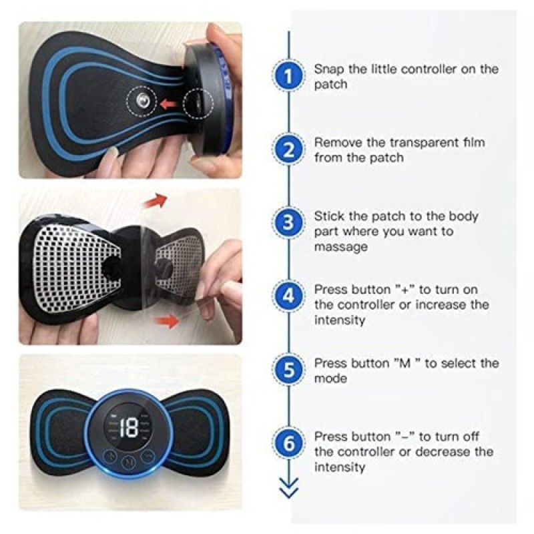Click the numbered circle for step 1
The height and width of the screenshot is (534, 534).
tap(288, 75)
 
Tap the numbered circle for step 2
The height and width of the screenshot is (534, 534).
tap(288, 150)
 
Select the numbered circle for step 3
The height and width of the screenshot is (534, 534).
tap(288, 223)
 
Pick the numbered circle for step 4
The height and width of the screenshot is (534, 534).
tap(288, 296)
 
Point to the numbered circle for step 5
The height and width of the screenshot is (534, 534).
tap(288, 370)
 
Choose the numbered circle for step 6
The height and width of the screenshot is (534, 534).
tap(288, 443)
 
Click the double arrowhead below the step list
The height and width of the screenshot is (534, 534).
tap(288, 488)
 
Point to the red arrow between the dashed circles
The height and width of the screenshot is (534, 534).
tap(168, 103)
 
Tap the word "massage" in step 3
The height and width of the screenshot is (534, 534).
tap(340, 247)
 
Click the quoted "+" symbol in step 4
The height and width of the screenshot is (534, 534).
tap(405, 290)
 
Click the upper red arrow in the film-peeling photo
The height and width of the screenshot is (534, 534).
tap(156, 200)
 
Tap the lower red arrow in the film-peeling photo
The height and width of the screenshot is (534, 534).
tap(167, 320)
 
